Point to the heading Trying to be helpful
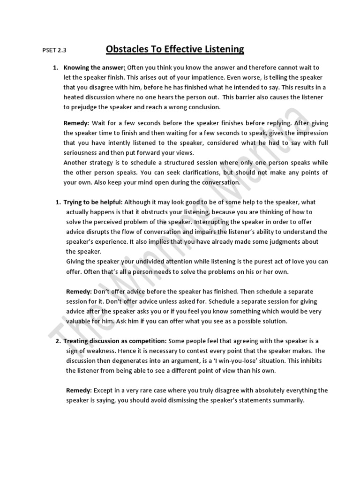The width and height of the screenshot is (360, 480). (x=92, y=202)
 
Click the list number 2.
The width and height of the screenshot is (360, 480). (x=58, y=341)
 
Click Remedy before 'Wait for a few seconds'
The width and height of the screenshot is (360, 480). (x=76, y=123)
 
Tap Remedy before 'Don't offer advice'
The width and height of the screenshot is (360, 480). (x=79, y=291)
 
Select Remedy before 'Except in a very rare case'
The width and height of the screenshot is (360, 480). (x=79, y=390)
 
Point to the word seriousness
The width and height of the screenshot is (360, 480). (x=82, y=152)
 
